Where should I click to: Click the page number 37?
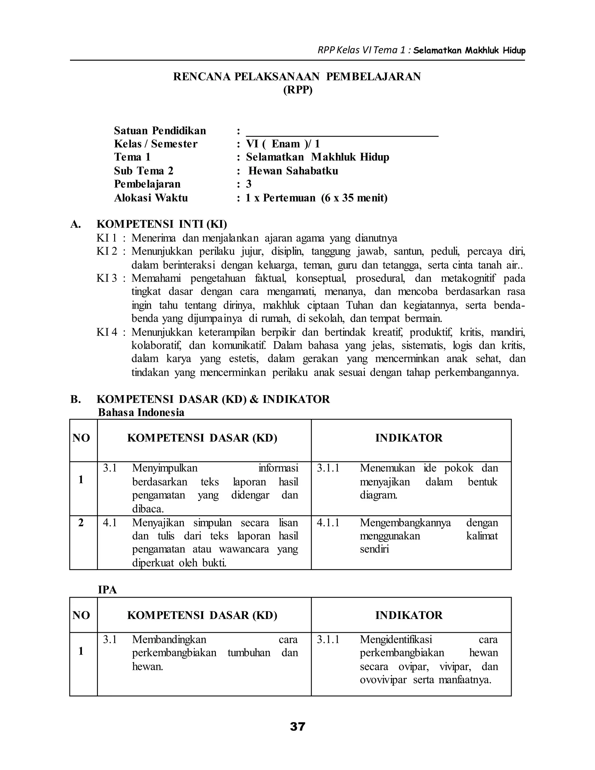[x=297, y=726]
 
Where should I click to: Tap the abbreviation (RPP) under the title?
[x=297, y=90]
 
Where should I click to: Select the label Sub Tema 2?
[x=144, y=171]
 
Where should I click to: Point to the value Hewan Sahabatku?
[x=293, y=171]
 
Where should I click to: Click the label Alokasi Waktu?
[x=150, y=198]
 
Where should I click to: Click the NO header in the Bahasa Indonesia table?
[x=81, y=438]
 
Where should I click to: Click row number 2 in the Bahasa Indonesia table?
[x=81, y=522]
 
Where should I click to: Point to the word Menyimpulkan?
[x=165, y=468]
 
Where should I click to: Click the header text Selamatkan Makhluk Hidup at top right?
[x=469, y=51]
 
